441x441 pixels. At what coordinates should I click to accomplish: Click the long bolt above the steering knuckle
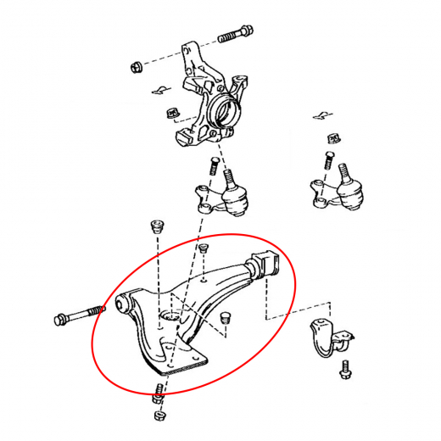point(235,36)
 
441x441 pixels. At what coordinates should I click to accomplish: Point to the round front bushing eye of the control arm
point(123,303)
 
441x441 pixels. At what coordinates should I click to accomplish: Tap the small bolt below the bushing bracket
point(344,370)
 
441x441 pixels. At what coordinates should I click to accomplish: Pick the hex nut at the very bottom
point(159,416)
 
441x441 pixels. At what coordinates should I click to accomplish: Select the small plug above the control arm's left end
point(156,227)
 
